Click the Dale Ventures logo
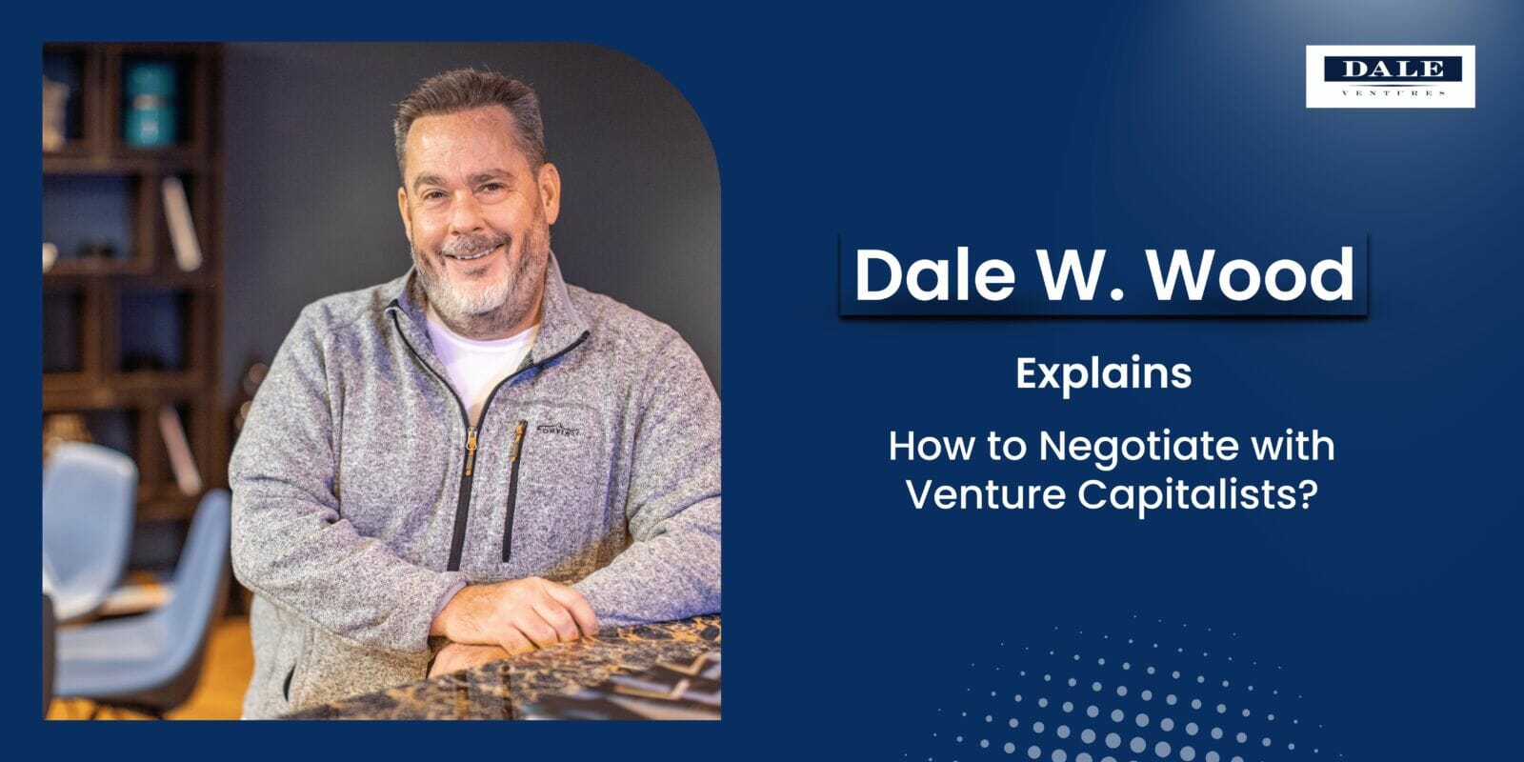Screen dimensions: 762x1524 (1390, 76)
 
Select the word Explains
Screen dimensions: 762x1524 (1103, 373)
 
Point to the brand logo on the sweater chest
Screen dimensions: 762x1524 (558, 430)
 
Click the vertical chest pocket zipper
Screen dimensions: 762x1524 (514, 486)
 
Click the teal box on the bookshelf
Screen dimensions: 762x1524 (150, 104)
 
